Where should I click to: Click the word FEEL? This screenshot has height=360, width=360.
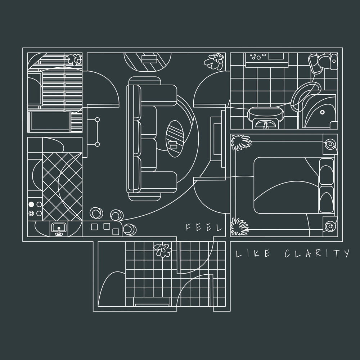pyautogui.click(x=204, y=227)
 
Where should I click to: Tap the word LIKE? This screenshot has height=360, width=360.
pyautogui.click(x=253, y=253)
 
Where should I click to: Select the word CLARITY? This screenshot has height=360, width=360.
pyautogui.click(x=317, y=253)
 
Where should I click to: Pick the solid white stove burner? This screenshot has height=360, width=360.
pyautogui.click(x=31, y=204)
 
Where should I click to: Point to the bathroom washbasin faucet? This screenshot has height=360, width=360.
pyautogui.click(x=266, y=125)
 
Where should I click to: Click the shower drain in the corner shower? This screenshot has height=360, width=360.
pyautogui.click(x=322, y=112)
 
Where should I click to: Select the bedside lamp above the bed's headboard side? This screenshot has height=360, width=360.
pyautogui.click(x=330, y=145)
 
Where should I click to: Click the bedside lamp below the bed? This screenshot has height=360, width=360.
pyautogui.click(x=330, y=226)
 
